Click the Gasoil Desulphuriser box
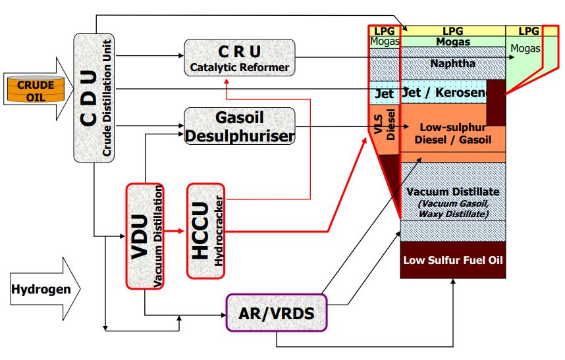click(x=239, y=126)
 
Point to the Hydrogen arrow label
click(x=40, y=289)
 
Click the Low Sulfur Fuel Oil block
click(x=453, y=260)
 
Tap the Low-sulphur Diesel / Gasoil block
click(x=453, y=134)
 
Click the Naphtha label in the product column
click(x=453, y=64)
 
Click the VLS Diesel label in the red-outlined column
click(x=385, y=124)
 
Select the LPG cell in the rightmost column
click(x=528, y=31)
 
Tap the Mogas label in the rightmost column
click(x=525, y=48)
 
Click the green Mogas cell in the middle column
click(x=453, y=41)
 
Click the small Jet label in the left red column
click(x=384, y=94)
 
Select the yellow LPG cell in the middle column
click(x=453, y=31)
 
